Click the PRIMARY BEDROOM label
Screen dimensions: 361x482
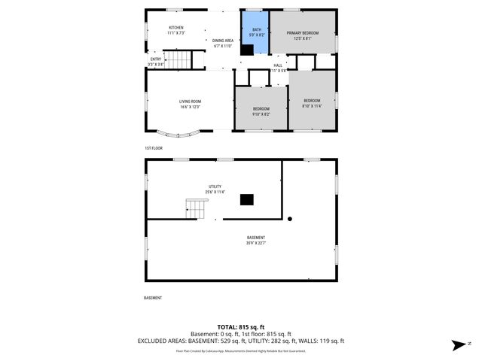click(x=303, y=36)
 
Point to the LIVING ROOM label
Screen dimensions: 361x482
click(x=190, y=104)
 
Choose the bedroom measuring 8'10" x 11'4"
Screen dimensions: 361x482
click(x=312, y=103)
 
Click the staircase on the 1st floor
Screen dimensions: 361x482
click(x=179, y=59)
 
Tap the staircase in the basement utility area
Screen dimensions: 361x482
click(x=195, y=208)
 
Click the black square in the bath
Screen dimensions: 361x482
click(x=247, y=50)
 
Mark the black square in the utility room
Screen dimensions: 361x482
click(x=246, y=199)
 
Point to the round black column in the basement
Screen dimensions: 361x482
click(x=290, y=219)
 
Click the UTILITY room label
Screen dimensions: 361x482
click(x=215, y=189)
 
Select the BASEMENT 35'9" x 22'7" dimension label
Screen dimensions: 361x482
click(x=256, y=240)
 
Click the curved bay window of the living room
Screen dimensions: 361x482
click(x=179, y=134)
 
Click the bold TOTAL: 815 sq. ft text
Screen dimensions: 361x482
click(x=241, y=326)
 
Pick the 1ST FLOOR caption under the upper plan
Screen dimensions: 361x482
click(x=154, y=148)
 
